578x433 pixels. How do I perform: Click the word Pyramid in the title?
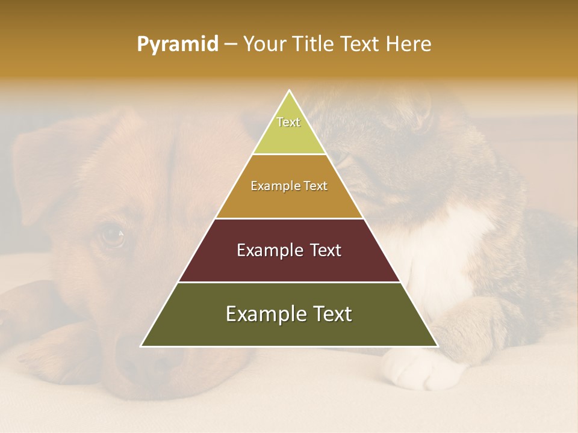tap(178, 45)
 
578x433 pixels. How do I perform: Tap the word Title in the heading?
tap(314, 45)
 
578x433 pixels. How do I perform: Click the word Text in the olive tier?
tap(331, 314)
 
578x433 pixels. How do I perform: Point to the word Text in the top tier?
tap(288, 122)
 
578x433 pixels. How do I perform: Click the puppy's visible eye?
tap(112, 235)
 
